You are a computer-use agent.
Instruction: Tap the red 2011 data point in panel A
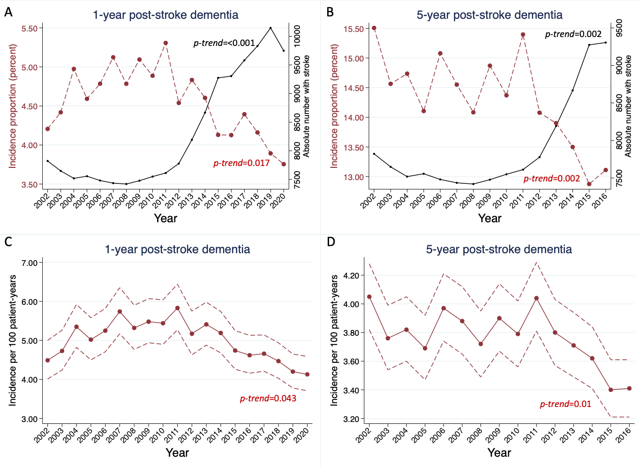(165, 43)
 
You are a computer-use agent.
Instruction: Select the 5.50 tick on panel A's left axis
(30, 29)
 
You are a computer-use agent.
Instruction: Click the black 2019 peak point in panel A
(271, 28)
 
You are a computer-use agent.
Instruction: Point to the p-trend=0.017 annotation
(241, 163)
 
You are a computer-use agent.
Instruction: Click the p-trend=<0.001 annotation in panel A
(224, 43)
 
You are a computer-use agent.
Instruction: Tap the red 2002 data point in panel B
(374, 28)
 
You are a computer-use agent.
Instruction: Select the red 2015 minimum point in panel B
(589, 184)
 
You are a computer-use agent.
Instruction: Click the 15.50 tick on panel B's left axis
(353, 29)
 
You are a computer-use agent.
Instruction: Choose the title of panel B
(489, 15)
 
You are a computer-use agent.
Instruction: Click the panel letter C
(8, 242)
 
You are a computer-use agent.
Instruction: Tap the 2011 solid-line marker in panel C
(177, 308)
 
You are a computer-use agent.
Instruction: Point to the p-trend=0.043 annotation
(268, 399)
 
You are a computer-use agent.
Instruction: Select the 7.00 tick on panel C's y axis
(30, 263)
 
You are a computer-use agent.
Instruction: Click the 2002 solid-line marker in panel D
(369, 297)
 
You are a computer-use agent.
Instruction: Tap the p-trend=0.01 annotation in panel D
(565, 404)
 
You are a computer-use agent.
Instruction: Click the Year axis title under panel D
(499, 453)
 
